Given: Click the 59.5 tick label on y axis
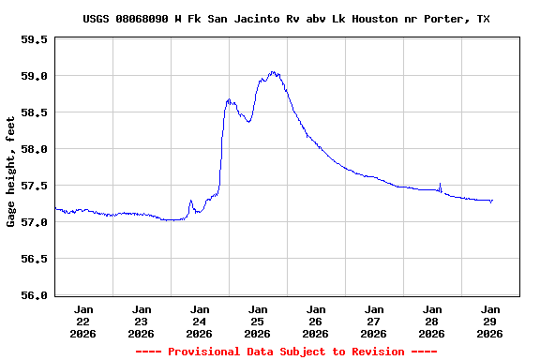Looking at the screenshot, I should point(35,39).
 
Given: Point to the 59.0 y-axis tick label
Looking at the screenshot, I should point(35,76).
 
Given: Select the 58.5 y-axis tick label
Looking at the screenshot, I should point(35,112).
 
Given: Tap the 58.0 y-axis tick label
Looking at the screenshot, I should point(35,149).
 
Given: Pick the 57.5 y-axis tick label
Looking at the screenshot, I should point(35,186).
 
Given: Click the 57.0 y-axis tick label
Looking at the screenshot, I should point(35,222).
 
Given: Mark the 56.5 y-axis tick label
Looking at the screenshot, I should point(35,259).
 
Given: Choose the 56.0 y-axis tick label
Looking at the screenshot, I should point(35,295).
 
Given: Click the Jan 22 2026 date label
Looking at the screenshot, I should point(83,321).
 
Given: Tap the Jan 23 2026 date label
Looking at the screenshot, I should point(142,321).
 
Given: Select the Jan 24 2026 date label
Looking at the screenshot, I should point(200,321).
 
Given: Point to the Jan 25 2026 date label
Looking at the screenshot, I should point(258,321).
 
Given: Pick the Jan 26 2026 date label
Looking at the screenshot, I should point(316,321).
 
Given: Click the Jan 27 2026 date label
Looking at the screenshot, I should point(374,321).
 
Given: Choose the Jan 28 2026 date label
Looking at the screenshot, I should point(432,321).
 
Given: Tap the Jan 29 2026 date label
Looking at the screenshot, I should point(490,321).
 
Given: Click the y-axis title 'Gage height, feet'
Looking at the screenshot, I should point(11,171).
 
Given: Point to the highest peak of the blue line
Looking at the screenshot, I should point(273,71).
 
